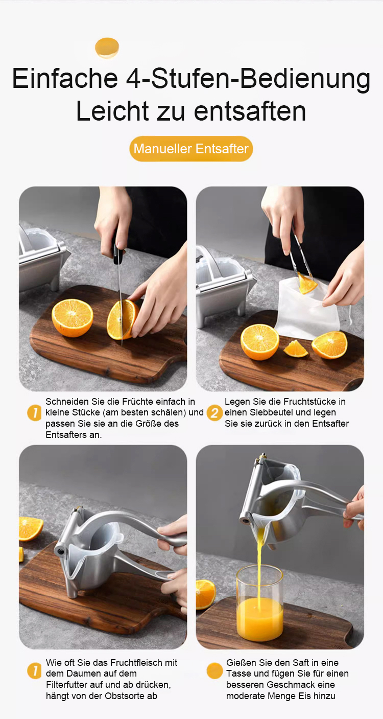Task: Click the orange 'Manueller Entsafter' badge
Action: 191,149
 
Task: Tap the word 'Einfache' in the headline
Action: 65,78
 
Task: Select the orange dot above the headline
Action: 107,48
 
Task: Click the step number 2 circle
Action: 214,413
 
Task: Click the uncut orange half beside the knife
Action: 73,317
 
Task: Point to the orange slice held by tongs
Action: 306,284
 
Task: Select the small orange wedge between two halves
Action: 296,349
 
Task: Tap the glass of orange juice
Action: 260,604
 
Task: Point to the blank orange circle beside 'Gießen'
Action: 214,671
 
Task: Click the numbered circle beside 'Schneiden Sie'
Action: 34,413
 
